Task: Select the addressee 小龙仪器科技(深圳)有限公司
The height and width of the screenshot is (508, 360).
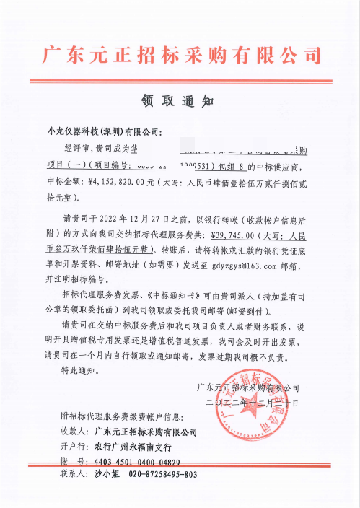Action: (x=105, y=132)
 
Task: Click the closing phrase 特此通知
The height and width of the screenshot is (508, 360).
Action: (x=79, y=371)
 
